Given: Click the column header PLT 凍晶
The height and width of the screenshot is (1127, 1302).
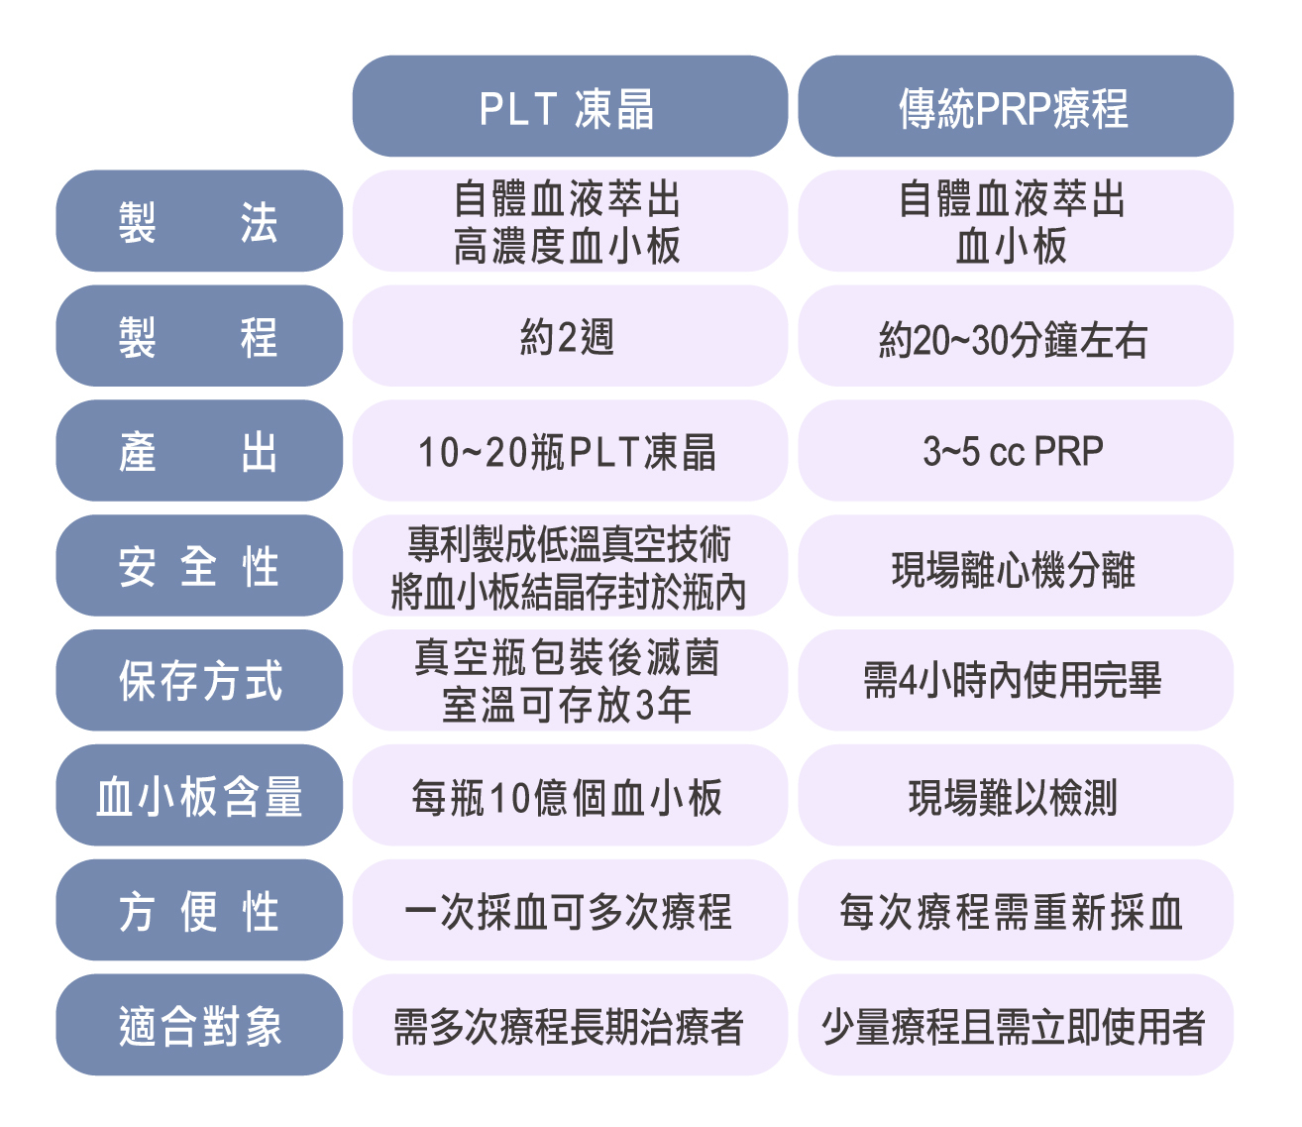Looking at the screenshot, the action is tap(570, 106).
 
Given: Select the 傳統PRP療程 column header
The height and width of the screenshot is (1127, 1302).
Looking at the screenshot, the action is tap(1015, 106).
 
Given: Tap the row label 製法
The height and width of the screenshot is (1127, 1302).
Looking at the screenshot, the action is tap(199, 220).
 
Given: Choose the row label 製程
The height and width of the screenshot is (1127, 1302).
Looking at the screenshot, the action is tap(199, 335).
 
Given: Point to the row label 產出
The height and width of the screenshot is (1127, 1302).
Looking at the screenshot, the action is tap(199, 450).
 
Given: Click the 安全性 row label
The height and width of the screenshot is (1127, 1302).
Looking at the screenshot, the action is tap(199, 565).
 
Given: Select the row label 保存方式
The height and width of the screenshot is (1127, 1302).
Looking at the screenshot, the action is tap(199, 680).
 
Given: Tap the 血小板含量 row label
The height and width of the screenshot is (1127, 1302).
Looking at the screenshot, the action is tap(199, 795).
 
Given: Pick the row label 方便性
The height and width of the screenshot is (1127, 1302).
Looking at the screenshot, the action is tap(199, 910).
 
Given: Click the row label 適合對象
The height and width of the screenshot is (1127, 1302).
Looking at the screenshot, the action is tap(199, 1024).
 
